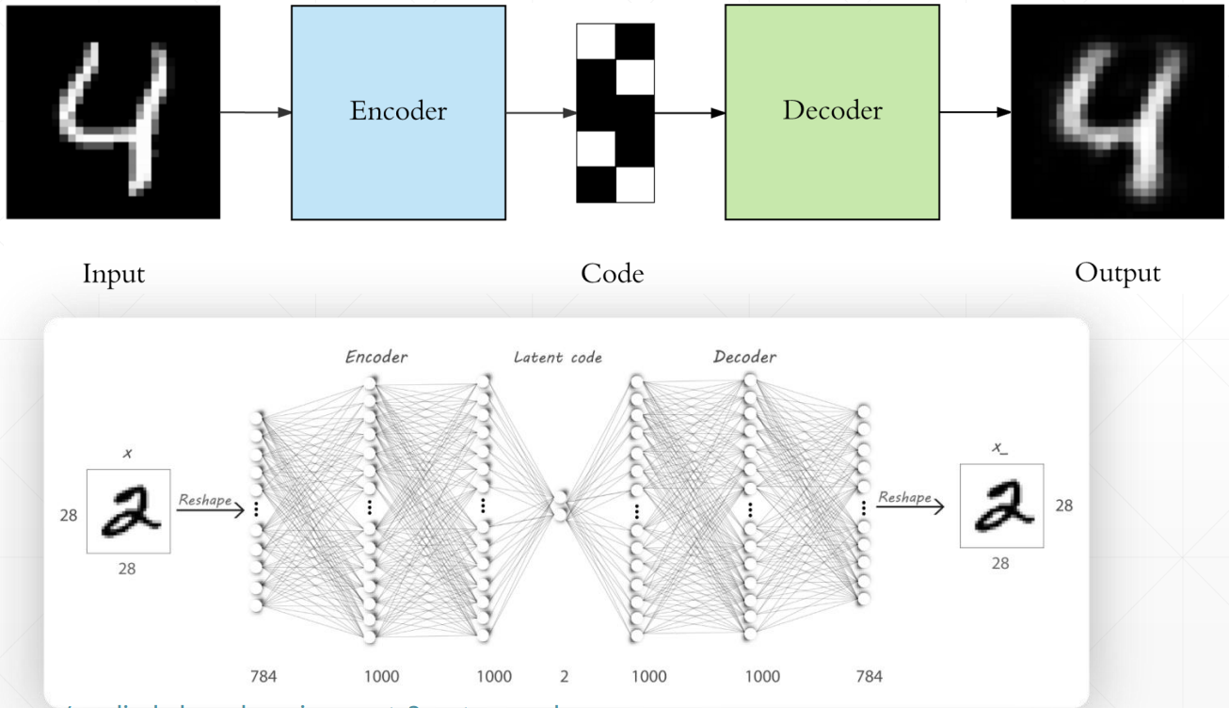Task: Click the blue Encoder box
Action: click(x=398, y=112)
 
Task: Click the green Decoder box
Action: click(x=832, y=112)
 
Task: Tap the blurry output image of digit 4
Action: click(x=1118, y=112)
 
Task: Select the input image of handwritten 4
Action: click(x=113, y=112)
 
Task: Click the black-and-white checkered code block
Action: click(x=614, y=112)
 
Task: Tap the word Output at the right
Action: click(x=1119, y=273)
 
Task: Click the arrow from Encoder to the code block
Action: click(x=541, y=113)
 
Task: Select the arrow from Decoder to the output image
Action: click(x=975, y=113)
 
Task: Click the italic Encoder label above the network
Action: click(x=375, y=358)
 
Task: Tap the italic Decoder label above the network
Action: click(x=744, y=358)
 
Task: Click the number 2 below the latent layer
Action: click(x=565, y=676)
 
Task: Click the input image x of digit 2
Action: click(x=130, y=507)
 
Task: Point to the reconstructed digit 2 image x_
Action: click(x=1001, y=507)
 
